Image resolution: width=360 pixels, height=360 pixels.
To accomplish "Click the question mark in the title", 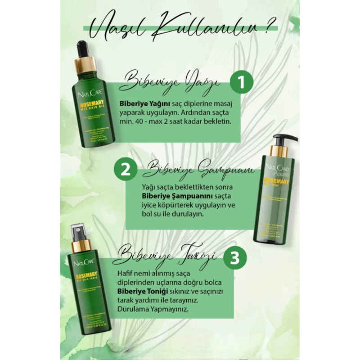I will click(269, 30).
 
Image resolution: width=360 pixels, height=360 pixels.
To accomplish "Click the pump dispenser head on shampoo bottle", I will click(283, 139).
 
